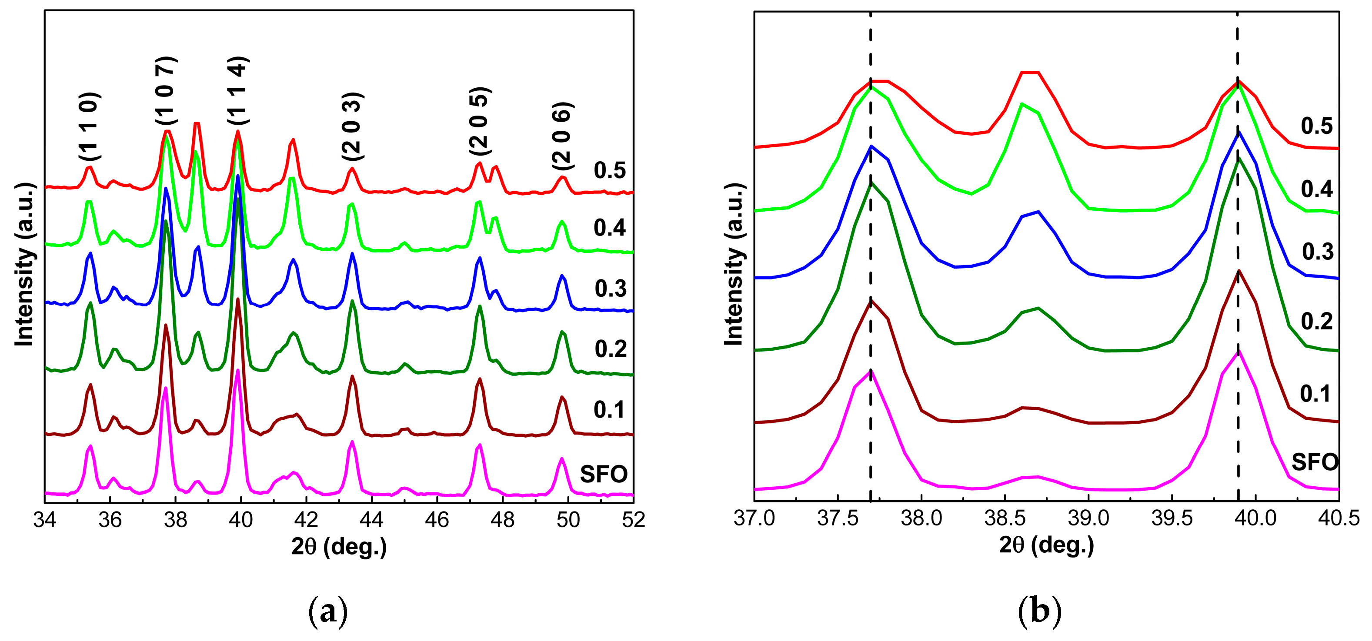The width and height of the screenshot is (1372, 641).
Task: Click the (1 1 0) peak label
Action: pyautogui.click(x=90, y=127)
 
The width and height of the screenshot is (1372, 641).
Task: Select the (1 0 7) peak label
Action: pyautogui.click(x=166, y=90)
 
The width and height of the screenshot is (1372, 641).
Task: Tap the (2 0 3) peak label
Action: pyautogui.click(x=353, y=127)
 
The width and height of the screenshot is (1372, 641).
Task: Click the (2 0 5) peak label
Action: pyautogui.click(x=480, y=121)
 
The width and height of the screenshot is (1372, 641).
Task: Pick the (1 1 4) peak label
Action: pyautogui.click(x=238, y=90)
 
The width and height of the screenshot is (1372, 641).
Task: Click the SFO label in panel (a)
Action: pyautogui.click(x=604, y=474)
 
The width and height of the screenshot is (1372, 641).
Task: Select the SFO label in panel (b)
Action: pyautogui.click(x=1315, y=462)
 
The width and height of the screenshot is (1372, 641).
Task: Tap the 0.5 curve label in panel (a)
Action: pyautogui.click(x=610, y=170)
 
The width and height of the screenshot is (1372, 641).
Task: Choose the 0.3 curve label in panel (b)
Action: pyautogui.click(x=1318, y=252)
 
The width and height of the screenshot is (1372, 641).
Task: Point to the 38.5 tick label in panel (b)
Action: pyautogui.click(x=1005, y=518)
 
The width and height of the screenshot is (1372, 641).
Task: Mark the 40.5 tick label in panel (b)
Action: pyautogui.click(x=1339, y=518)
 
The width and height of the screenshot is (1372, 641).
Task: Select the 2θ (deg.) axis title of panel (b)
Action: pyautogui.click(x=1046, y=545)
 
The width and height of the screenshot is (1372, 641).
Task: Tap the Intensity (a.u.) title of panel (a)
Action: pyautogui.click(x=24, y=265)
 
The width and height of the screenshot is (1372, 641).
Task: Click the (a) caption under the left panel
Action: pyautogui.click(x=328, y=612)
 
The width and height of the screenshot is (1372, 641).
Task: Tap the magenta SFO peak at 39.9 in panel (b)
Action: pyautogui.click(x=1238, y=352)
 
